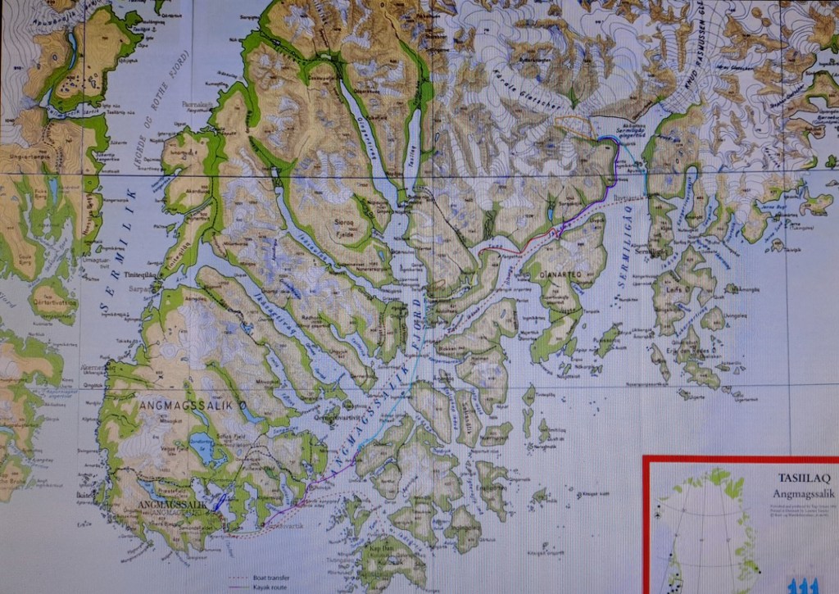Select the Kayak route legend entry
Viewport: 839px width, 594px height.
(x=273, y=587)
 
